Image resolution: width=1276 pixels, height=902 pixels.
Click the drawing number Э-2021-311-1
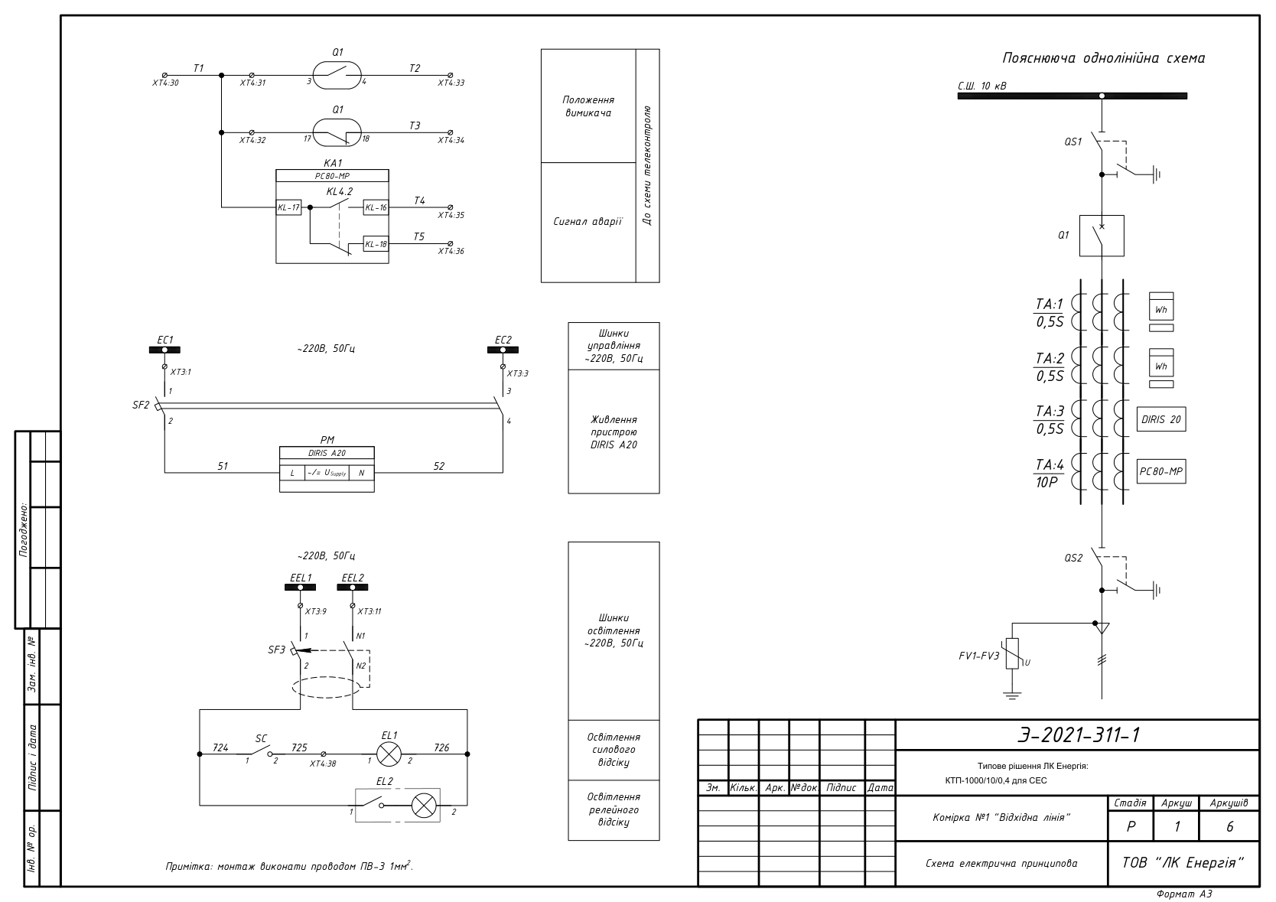[1079, 735]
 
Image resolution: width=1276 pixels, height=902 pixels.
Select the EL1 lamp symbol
[389, 754]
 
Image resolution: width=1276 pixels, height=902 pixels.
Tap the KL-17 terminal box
[289, 207]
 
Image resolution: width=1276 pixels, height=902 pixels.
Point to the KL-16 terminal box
[376, 207]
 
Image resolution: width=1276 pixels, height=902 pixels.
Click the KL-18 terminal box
[376, 245]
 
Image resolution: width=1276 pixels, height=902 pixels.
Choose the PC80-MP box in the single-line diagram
[1161, 472]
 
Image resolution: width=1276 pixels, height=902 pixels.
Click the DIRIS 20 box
[1161, 419]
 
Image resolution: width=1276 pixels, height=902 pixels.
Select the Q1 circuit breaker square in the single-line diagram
[1102, 236]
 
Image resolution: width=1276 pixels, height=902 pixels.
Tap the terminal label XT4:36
[451, 251]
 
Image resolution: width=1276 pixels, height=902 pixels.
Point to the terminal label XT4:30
[165, 83]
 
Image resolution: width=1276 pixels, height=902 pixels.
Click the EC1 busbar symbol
[164, 350]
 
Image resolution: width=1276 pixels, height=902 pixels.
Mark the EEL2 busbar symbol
[353, 588]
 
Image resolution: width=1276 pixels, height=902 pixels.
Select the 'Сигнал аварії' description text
[588, 222]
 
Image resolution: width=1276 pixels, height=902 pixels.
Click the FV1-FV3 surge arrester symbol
[1011, 653]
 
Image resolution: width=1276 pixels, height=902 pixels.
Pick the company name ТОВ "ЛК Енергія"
[1183, 863]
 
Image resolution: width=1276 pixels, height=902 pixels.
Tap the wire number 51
[223, 466]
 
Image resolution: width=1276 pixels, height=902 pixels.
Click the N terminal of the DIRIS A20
[361, 473]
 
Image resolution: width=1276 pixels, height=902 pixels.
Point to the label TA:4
[1050, 465]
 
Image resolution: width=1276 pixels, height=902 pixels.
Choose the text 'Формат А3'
[1183, 894]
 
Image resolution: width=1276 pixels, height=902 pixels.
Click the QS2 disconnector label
[1073, 558]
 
